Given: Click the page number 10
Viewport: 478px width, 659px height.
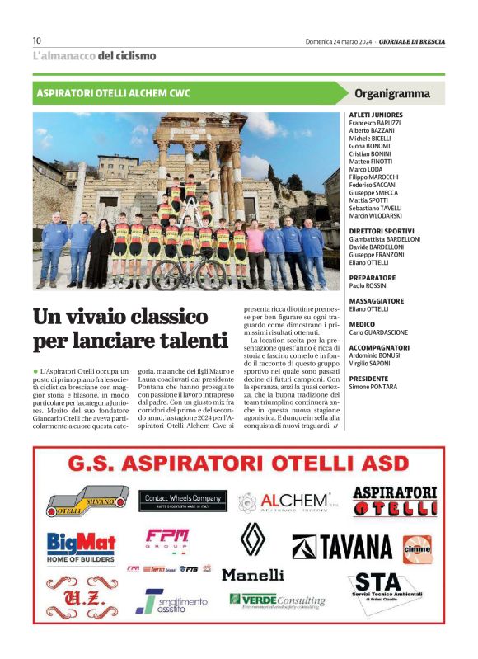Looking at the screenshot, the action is coord(36,40).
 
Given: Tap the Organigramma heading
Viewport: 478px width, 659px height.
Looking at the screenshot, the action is coord(391,93).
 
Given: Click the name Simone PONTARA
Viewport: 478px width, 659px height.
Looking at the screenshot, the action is coord(373,386).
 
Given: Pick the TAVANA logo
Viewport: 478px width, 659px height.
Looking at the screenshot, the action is coord(343,547).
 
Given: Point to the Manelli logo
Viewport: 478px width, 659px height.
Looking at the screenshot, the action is coord(252,574).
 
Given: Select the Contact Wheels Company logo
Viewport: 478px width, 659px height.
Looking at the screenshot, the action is coord(183,499).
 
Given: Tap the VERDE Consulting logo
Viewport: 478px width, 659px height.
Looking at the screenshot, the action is coord(277,600).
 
